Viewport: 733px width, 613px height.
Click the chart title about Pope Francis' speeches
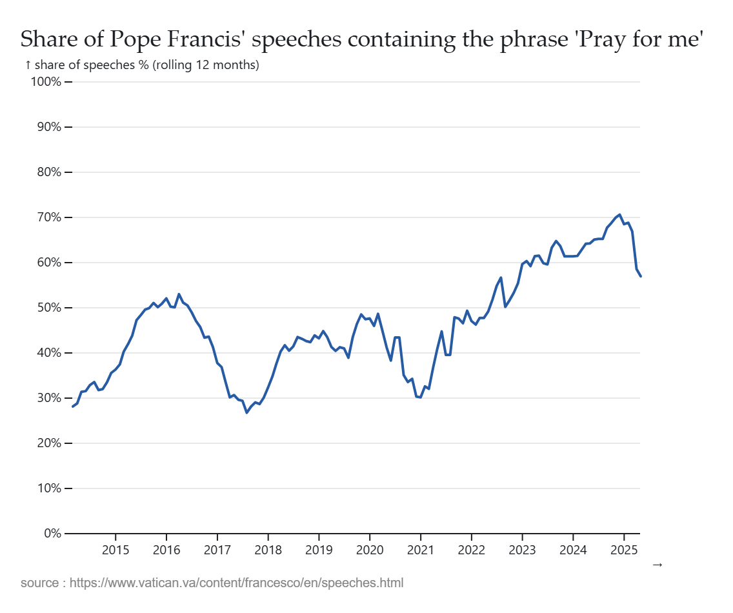click(361, 39)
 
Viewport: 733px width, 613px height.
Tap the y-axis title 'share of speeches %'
click(142, 65)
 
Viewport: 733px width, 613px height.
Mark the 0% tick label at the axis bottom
click(51, 534)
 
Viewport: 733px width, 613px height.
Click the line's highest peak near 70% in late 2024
click(619, 215)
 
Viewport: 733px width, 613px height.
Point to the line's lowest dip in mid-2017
click(246, 412)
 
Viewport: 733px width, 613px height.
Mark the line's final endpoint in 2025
click(640, 276)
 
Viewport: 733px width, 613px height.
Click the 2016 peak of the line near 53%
click(179, 294)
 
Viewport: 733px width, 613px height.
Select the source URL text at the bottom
click(212, 583)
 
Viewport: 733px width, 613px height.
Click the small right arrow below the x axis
click(658, 565)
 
